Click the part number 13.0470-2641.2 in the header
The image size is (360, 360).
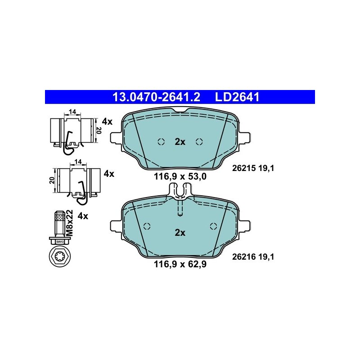click(x=156, y=97)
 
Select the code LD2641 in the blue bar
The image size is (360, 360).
click(x=237, y=97)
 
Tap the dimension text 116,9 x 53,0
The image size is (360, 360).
click(x=180, y=176)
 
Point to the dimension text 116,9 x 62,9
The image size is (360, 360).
click(x=180, y=264)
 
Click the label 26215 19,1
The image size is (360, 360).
click(x=253, y=168)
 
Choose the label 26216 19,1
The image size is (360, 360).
click(x=253, y=256)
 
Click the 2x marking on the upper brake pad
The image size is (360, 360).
click(x=180, y=142)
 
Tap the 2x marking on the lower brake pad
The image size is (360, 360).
click(x=180, y=233)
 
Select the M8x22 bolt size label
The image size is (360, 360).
click(x=69, y=223)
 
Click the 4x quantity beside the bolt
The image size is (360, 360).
click(x=83, y=216)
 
